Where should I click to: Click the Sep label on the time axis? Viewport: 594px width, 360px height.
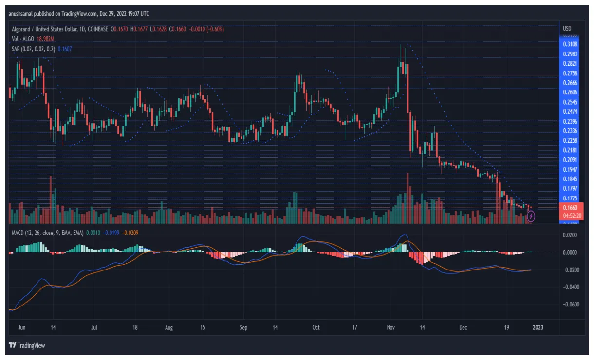point(244,327)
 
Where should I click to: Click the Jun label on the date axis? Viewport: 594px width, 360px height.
point(21,327)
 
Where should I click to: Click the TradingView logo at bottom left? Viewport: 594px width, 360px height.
point(26,346)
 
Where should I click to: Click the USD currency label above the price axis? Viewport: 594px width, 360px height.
point(567,28)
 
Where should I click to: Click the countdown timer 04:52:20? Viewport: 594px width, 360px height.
point(570,216)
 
